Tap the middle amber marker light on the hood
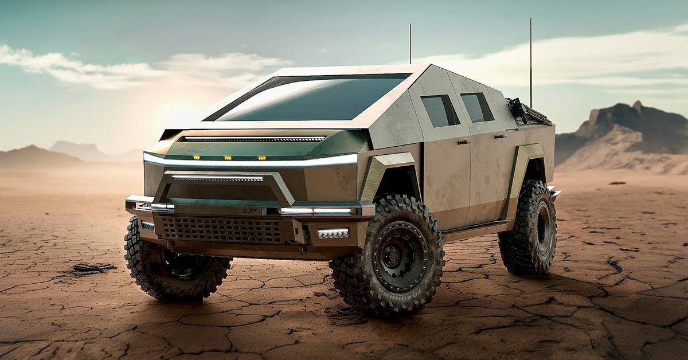tap(228, 157)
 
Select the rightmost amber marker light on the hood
tap(261, 157)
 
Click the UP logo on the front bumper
tap(250, 211)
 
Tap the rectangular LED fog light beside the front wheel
tap(333, 233)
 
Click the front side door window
tap(440, 110)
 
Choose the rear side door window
tap(476, 107)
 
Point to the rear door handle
tap(500, 136)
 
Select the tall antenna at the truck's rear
tap(531, 63)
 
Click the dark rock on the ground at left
tap(92, 268)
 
